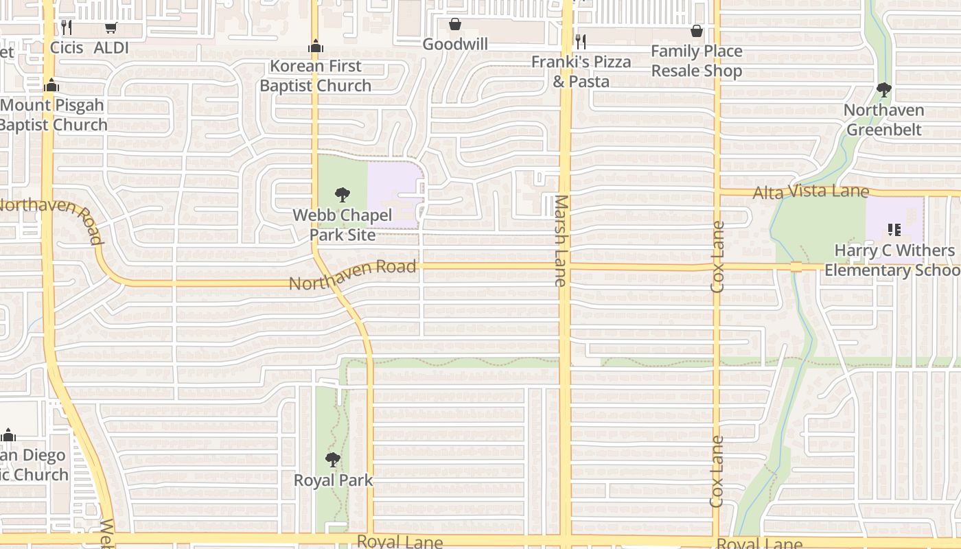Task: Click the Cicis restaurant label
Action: point(67,47)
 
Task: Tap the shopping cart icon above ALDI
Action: point(111,28)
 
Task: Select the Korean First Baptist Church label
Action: point(315,76)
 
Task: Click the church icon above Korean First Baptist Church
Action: point(316,46)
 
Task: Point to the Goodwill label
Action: point(455,45)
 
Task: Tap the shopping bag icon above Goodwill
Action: point(454,25)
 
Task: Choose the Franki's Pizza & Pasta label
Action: point(581,71)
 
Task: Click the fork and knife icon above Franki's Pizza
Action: point(581,41)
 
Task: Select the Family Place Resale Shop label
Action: point(697,61)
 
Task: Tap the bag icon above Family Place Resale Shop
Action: point(697,31)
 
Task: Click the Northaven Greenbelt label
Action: point(884,119)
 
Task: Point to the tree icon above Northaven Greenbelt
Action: point(884,90)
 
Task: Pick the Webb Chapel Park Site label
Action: point(343,225)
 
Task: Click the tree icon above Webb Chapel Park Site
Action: point(342,195)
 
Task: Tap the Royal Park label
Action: point(334,480)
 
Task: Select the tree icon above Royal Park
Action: point(333,459)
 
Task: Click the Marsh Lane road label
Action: point(561,240)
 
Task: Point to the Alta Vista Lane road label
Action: point(811,193)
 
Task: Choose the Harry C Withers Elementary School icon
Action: point(894,230)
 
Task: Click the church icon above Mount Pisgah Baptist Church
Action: point(51,85)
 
